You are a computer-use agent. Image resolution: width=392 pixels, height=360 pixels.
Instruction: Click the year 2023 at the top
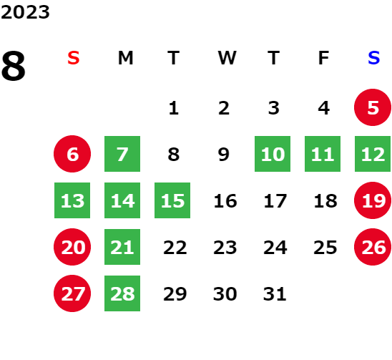pos(25,12)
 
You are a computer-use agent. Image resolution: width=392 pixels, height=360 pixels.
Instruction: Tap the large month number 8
pos(14,66)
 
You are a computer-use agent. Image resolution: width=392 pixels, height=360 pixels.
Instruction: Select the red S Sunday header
pos(74,58)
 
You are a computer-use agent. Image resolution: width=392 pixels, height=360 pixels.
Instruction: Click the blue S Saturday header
pos(373,58)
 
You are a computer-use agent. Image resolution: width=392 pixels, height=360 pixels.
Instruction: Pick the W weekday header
pos(227,58)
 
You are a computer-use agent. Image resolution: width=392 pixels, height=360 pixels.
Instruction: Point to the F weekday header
pos(323,58)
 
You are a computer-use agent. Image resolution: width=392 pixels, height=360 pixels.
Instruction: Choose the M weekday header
pos(125,58)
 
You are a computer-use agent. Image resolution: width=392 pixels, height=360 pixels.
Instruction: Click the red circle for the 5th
pos(373,107)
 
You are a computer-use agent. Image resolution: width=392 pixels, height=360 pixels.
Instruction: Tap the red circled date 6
pos(72,154)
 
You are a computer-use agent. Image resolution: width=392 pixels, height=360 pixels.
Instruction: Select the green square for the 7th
pos(122,154)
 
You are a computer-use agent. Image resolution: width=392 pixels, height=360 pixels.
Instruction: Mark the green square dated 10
pos(273,154)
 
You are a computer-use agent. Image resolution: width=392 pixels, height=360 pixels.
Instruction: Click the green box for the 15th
pos(172,200)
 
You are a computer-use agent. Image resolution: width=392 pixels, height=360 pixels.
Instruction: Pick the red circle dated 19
pos(373,200)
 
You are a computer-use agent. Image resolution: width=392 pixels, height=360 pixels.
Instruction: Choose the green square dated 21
pos(122,247)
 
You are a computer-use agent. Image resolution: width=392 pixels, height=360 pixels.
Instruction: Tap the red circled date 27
pos(72,293)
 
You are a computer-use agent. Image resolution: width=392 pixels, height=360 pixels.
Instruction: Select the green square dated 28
pos(122,293)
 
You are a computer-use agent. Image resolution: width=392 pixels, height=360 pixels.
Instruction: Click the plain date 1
pos(174,108)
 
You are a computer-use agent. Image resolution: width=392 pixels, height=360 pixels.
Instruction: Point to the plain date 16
pos(225,201)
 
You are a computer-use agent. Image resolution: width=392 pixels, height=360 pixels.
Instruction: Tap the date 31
pos(275,294)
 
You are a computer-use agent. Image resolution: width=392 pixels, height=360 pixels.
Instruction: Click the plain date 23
pos(225,248)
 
